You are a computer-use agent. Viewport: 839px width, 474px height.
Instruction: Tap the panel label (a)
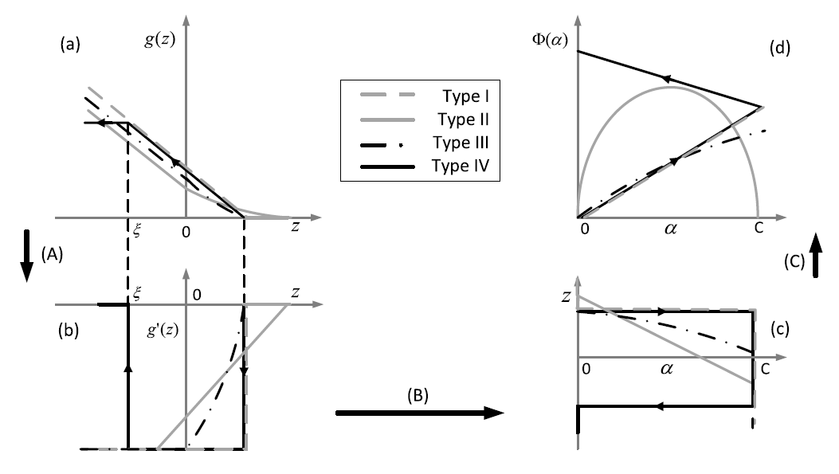point(73,46)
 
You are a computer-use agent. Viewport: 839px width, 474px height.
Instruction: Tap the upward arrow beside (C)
point(817,262)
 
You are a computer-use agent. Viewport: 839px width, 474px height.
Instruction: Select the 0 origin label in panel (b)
point(196,292)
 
